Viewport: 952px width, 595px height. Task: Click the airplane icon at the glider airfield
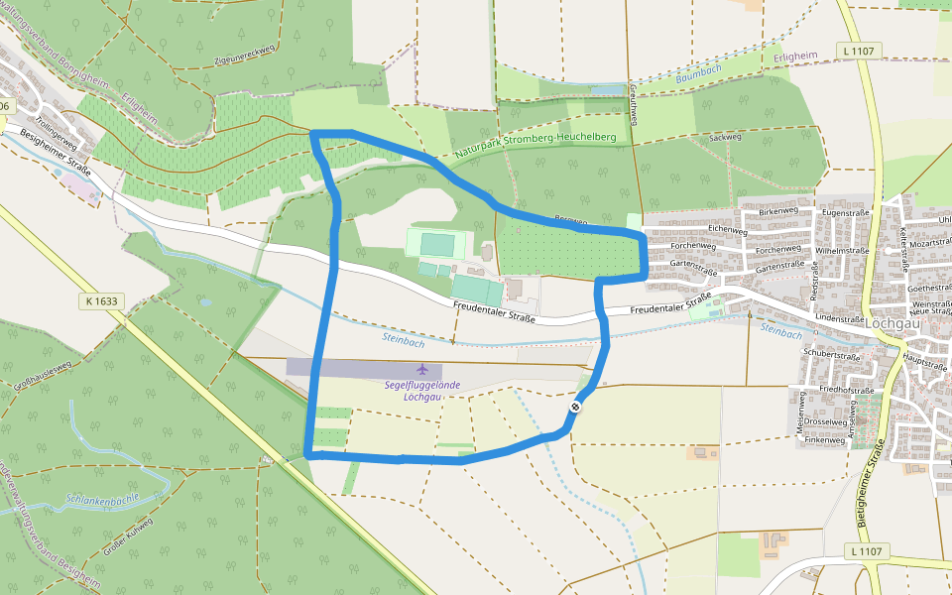point(422,369)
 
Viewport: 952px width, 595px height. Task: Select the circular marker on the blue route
point(575,406)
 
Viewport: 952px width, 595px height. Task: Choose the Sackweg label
point(726,137)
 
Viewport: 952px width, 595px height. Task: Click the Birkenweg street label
point(777,211)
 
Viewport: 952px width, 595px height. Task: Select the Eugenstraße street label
point(845,213)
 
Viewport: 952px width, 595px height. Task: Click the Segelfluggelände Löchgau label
point(424,391)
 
